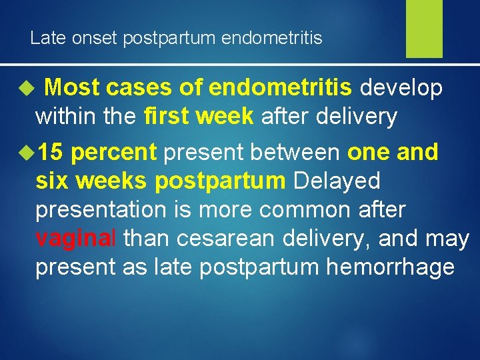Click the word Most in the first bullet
pyautogui.click(x=73, y=88)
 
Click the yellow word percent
pyautogui.click(x=113, y=153)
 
